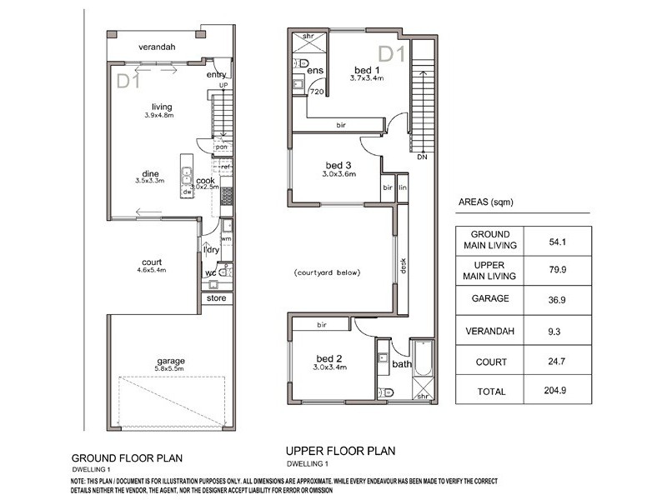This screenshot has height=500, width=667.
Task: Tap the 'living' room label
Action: pos(162,106)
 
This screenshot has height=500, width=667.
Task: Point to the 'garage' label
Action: pos(170,361)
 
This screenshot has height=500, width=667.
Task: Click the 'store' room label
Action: pos(216,297)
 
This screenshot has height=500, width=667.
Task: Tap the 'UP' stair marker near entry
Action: pos(223,85)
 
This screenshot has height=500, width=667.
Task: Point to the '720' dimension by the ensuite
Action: pos(316,92)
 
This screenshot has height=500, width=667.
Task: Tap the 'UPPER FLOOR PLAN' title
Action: pos(340,451)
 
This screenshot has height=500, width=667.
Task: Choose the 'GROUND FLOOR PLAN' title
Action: pos(126,457)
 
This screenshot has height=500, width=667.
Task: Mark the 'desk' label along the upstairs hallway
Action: pos(403,265)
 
